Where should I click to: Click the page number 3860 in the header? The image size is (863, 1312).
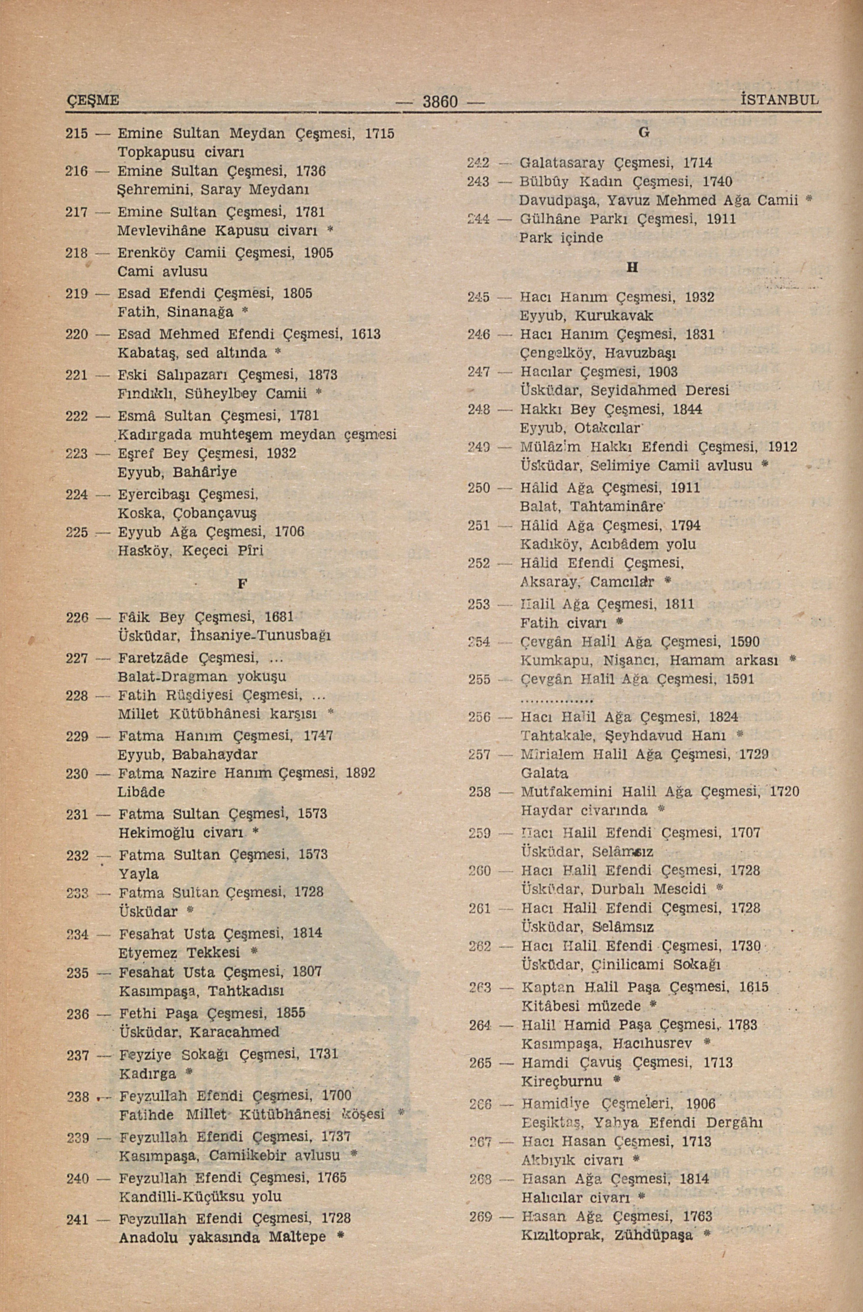click(x=440, y=102)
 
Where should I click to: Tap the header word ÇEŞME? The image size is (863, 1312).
click(x=93, y=100)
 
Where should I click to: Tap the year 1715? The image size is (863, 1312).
click(x=380, y=133)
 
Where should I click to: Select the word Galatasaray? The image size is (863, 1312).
click(x=563, y=163)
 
